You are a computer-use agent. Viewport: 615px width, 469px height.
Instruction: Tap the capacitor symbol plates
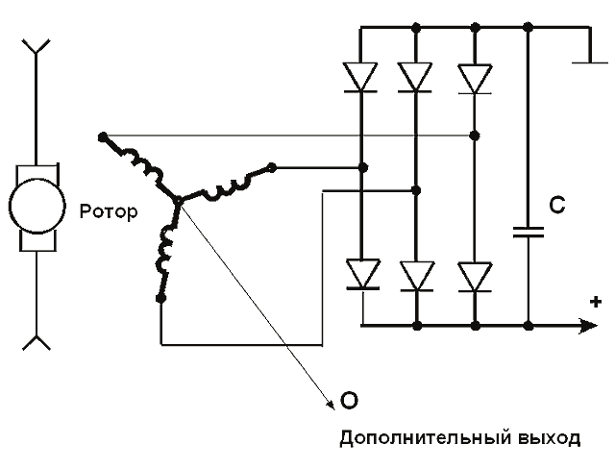click(528, 232)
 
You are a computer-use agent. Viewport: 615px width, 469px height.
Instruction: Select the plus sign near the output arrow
click(596, 303)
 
